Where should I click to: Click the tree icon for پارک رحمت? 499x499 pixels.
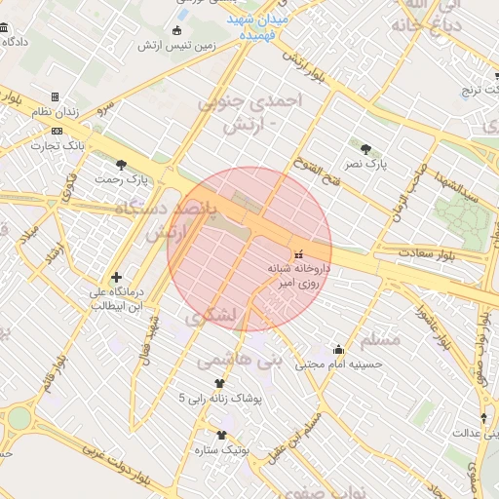point(121,165)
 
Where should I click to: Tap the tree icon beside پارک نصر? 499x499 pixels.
point(365,149)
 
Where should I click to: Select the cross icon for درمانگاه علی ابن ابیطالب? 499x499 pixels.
point(117,277)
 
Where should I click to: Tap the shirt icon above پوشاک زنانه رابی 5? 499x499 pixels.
point(204,383)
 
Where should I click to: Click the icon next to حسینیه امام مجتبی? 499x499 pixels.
point(338,349)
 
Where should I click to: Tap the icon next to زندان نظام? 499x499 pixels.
point(55,96)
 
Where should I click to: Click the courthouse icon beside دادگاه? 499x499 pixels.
point(8,43)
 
